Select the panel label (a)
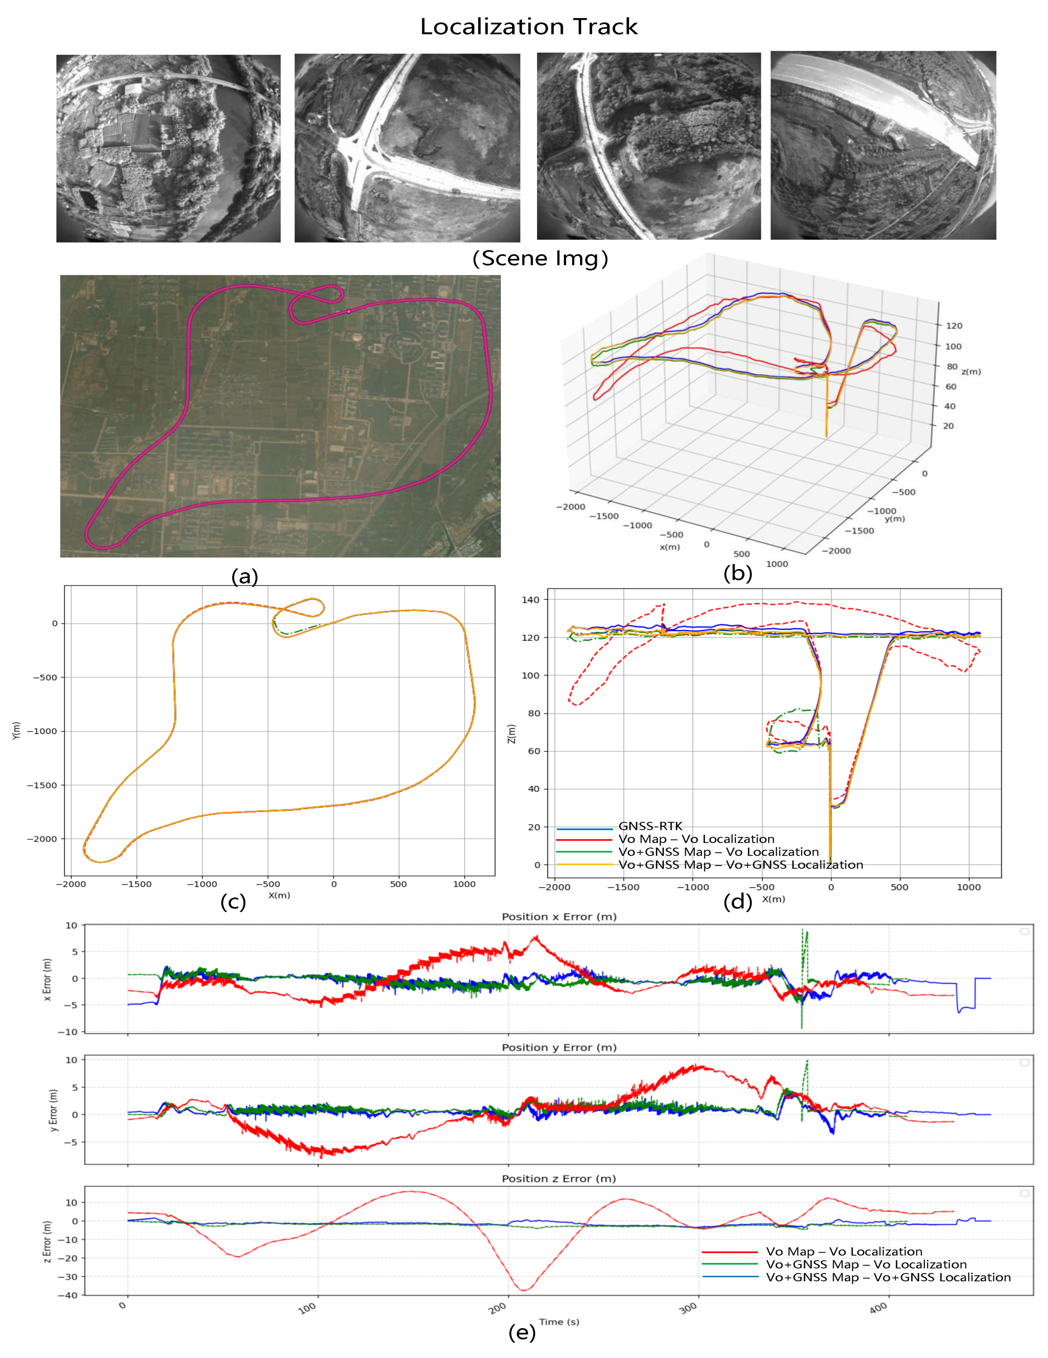(244, 576)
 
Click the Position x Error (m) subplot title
(559, 917)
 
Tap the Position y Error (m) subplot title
(559, 1048)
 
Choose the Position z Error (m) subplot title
(559, 1178)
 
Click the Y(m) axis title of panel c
(16, 731)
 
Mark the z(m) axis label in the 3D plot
(971, 372)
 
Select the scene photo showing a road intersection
(407, 148)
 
